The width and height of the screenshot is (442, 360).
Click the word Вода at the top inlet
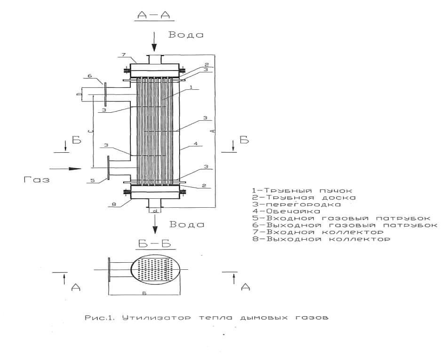pyautogui.click(x=186, y=35)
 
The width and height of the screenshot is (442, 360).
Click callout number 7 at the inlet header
pyautogui.click(x=124, y=55)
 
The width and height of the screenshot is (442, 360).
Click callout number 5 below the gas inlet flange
pyautogui.click(x=93, y=180)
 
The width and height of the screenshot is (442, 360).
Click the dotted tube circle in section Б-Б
pyautogui.click(x=156, y=270)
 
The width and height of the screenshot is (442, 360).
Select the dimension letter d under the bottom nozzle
pyautogui.click(x=155, y=211)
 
